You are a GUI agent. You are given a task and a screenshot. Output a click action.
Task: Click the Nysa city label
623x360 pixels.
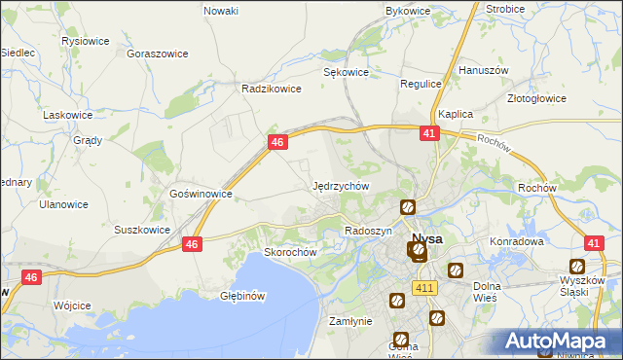tap(427, 238)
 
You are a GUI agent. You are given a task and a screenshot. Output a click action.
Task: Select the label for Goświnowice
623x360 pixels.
tap(201, 194)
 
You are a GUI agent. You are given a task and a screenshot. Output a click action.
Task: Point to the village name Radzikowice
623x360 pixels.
tap(272, 88)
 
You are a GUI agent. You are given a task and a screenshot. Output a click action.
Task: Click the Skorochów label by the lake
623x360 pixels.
tap(292, 252)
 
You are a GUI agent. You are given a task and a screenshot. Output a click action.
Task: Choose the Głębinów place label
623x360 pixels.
tap(243, 295)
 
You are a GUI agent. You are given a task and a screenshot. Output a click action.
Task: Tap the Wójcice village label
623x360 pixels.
tap(73, 306)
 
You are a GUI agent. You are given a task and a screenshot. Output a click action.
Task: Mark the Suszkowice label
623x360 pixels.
tap(143, 231)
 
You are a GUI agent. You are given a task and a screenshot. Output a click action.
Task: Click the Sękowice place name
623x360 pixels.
tap(346, 72)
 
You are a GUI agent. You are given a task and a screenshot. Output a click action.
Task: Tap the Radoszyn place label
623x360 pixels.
tap(368, 231)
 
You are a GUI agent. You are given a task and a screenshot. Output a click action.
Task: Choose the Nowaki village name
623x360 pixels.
tap(221, 11)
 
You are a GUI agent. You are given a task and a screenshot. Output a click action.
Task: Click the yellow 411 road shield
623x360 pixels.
tap(423, 288)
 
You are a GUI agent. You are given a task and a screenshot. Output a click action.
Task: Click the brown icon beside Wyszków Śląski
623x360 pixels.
tap(577, 267)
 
